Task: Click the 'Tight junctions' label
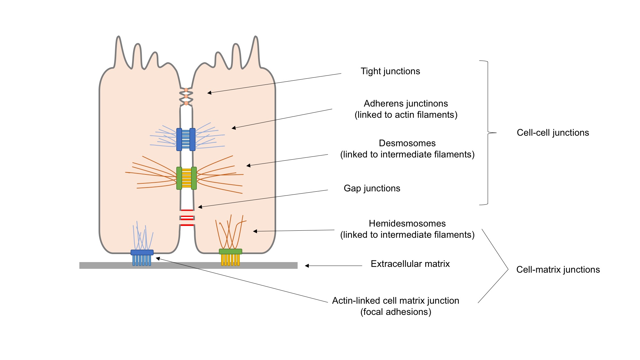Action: tap(390, 71)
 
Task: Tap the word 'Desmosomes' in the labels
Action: tap(407, 143)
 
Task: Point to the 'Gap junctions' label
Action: tap(372, 188)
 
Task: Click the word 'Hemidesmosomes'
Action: tap(407, 224)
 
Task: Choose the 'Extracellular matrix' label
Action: tap(410, 264)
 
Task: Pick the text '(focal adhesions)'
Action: tap(396, 312)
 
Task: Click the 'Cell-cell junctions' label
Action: tap(553, 133)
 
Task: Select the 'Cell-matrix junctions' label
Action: tap(558, 270)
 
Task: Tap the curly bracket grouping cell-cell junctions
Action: tap(488, 132)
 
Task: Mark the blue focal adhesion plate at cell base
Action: tap(142, 252)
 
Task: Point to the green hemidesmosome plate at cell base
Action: tap(230, 252)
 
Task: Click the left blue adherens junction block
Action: tap(179, 140)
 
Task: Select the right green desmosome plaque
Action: tap(194, 178)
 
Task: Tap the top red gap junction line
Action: tap(187, 210)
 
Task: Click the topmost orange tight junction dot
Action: tap(186, 90)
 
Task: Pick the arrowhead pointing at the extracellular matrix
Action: tap(307, 266)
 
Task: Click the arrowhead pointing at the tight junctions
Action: tap(209, 93)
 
